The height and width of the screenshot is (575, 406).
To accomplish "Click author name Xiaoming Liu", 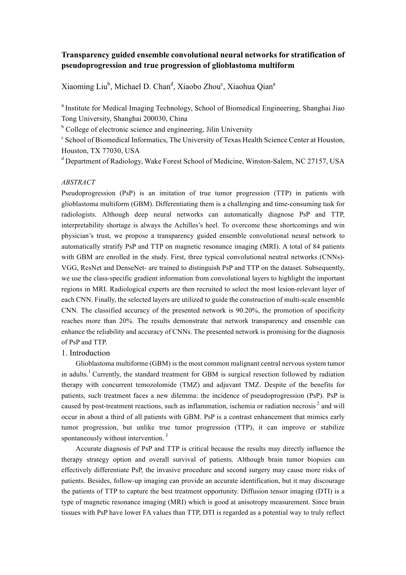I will point(84,87).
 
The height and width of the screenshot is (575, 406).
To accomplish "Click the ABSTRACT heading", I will point(78,182).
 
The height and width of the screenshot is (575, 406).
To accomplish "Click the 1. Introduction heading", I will point(86,353).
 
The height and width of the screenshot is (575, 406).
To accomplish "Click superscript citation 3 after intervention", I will point(167,435).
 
